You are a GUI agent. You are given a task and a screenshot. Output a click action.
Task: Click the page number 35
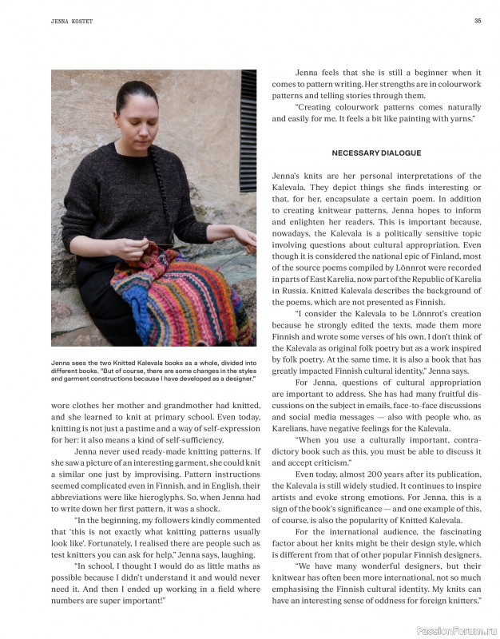pos(477,21)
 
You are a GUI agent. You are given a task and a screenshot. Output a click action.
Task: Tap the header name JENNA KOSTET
pos(68,22)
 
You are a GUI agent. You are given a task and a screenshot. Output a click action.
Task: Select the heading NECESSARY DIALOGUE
pos(376,153)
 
